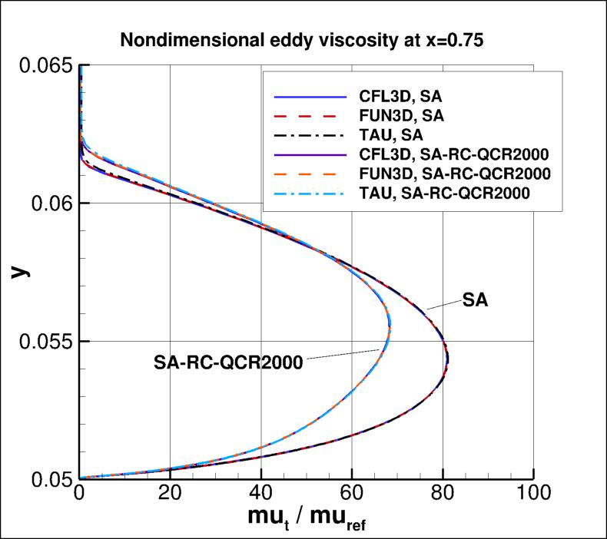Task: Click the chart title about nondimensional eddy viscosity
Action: point(304,41)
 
